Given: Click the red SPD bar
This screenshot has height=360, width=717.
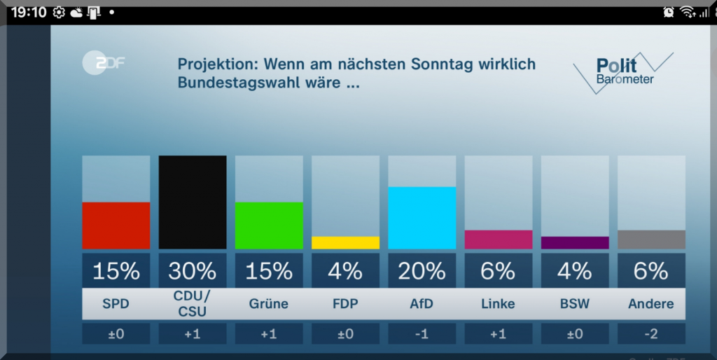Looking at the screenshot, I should pos(116,226).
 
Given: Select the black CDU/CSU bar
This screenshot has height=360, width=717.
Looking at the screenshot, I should pos(193,202).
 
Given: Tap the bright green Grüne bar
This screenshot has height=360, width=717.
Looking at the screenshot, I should pos(269,226).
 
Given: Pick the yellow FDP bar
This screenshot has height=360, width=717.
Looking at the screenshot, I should pos(345,242).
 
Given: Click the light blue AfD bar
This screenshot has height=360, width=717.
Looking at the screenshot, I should pos(422,218).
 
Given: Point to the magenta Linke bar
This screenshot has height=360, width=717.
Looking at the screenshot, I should pos(499,240).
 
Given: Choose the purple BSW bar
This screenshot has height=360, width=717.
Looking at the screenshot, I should pos(575,242).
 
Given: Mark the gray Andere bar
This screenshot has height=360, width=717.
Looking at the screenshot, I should pos(651,240).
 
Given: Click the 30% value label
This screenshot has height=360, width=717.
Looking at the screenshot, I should pos(193,270).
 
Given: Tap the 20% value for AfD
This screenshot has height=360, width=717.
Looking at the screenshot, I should pos(422,270).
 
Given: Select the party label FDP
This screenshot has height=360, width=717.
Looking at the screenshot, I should pos(345,304).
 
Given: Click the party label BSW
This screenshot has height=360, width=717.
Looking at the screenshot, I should pos(575,304).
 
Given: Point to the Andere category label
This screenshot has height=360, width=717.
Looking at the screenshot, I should pos(651,304).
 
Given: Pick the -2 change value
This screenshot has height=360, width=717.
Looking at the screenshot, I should pos(651,334).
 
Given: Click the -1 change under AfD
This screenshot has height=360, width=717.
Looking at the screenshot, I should pos(422,334).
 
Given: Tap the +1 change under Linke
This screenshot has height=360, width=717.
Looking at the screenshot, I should pos(499,334).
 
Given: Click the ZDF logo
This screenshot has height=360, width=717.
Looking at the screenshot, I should pos(103,63).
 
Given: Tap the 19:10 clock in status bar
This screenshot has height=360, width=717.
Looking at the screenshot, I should pos(29,13).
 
